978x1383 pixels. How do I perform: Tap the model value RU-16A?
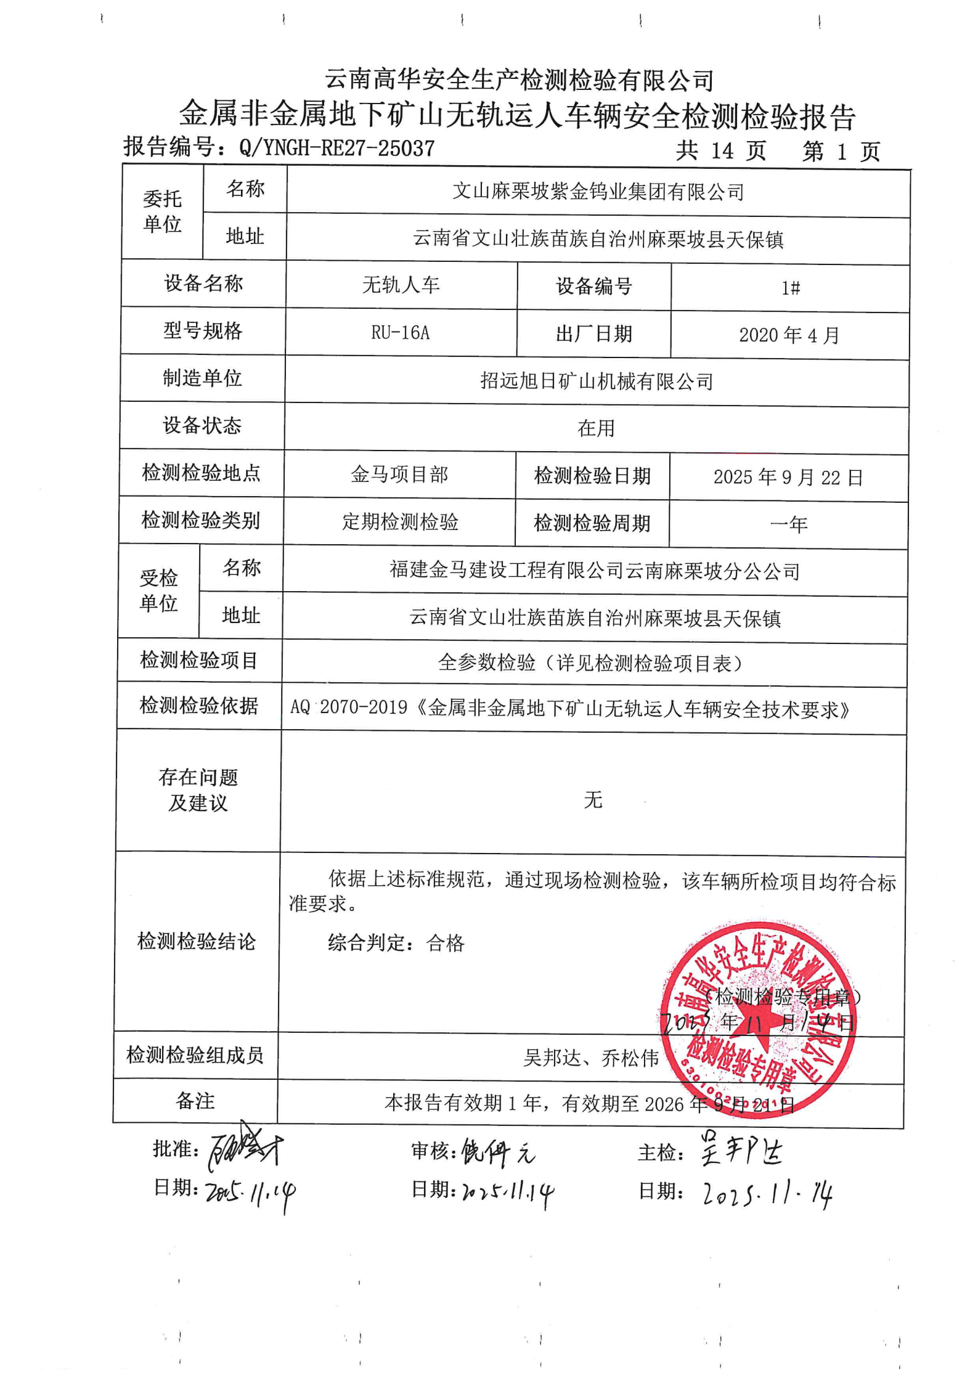(400, 333)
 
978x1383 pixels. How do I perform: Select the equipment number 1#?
(791, 288)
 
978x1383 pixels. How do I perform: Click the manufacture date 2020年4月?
(789, 335)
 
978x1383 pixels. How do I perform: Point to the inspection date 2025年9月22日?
(788, 477)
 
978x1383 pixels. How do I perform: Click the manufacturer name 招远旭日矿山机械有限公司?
(597, 381)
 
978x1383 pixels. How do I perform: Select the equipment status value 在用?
(596, 428)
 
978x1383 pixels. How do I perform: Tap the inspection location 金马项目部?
(399, 475)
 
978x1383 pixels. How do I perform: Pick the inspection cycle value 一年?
(788, 524)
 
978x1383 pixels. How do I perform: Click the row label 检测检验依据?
(198, 705)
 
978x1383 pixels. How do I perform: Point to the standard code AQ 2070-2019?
(348, 708)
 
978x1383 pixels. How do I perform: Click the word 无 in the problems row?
(593, 800)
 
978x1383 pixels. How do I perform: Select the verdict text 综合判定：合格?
(396, 942)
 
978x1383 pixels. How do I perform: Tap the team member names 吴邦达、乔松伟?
(590, 1058)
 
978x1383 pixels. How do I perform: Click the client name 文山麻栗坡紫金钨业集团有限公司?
(598, 192)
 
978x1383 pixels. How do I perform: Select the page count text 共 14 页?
(720, 151)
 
